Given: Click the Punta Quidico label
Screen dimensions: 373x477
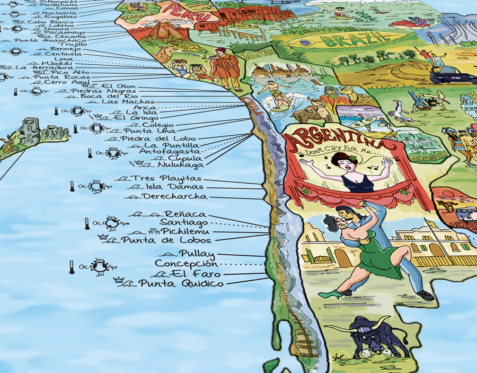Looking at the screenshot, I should (x=180, y=284).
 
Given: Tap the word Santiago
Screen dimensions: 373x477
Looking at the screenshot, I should (x=184, y=222).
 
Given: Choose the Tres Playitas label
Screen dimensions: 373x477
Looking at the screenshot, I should (x=166, y=178).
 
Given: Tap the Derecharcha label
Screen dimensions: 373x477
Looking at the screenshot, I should (x=174, y=197).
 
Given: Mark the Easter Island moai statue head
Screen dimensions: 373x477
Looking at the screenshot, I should (x=28, y=130).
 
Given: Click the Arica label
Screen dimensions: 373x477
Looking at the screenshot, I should (x=145, y=108).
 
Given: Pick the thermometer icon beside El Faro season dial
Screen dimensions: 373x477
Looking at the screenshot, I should (x=72, y=267).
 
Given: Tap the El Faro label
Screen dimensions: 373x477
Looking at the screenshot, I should (x=188, y=274).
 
